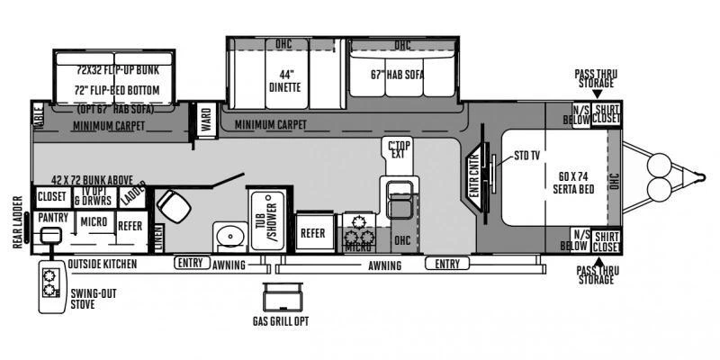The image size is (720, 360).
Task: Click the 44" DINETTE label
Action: point(283,80)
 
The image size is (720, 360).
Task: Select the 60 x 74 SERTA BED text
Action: point(572,171)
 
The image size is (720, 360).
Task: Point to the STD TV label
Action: point(527,156)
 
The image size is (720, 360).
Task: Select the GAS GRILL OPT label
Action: point(280,320)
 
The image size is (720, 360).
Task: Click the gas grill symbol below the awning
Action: point(280,297)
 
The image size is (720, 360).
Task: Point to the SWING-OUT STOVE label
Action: point(94,299)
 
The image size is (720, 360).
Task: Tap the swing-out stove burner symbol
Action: point(50,287)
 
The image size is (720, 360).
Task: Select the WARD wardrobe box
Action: point(207,121)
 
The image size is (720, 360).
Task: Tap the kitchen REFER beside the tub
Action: point(311,231)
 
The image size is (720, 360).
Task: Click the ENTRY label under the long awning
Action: point(447,264)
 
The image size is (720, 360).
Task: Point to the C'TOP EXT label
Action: point(397,149)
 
